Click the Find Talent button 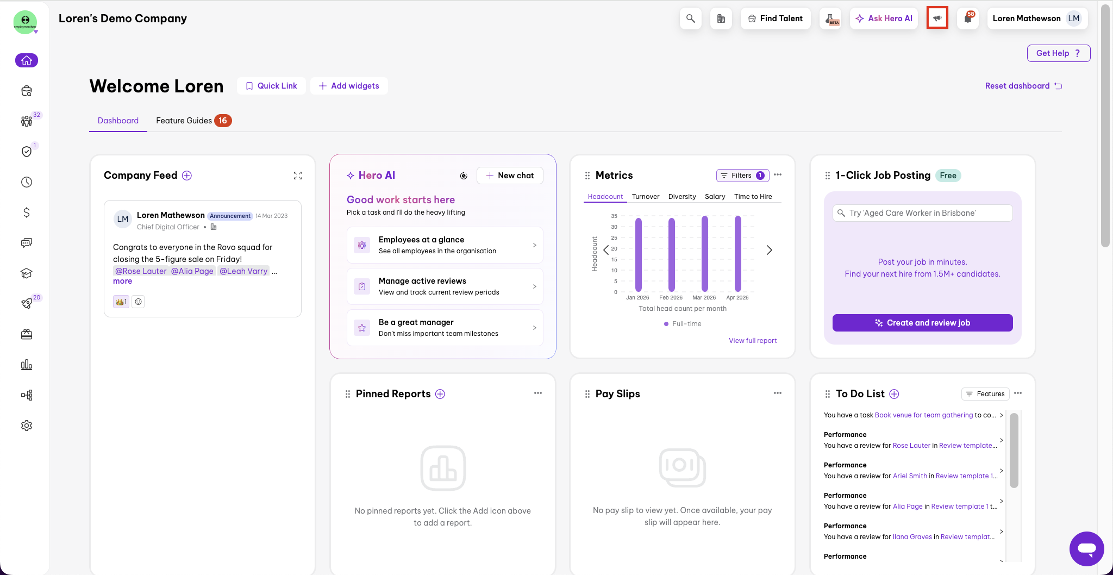coord(775,18)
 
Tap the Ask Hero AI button coord(884,18)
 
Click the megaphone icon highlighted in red coord(937,18)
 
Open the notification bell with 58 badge coord(968,18)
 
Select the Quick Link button coord(271,86)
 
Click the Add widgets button coord(349,86)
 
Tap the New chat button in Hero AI coord(510,176)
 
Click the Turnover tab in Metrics coord(646,197)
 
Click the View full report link coord(753,341)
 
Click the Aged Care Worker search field coord(922,213)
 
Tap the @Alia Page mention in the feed coord(192,271)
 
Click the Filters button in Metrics coord(742,176)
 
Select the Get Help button coord(1058,53)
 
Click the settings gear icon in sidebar coord(27,426)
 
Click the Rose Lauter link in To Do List coord(911,446)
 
